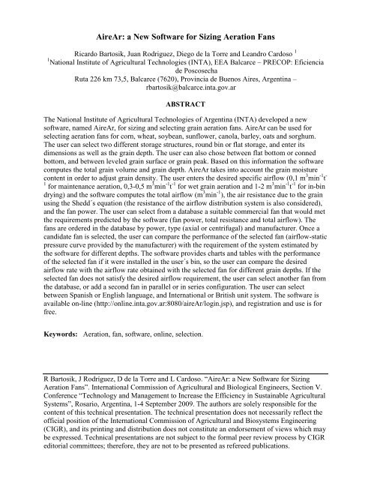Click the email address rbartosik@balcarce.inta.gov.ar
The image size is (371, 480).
coord(185,92)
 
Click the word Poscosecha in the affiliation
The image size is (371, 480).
coord(185,73)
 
